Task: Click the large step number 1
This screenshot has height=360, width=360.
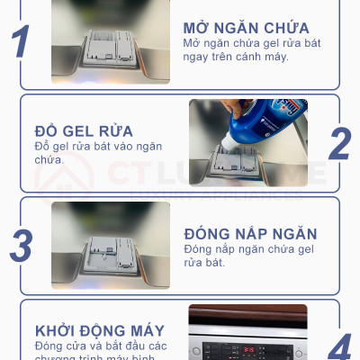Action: tap(21, 42)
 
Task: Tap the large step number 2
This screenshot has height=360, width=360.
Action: tap(339, 144)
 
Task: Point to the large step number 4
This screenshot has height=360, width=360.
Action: tap(339, 347)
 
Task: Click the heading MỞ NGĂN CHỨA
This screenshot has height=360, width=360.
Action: tap(246, 27)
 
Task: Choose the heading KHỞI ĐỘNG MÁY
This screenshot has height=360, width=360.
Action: tap(94, 330)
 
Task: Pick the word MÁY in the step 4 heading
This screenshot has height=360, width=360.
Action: tap(135, 330)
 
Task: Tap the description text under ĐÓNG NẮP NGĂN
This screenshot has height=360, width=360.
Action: tap(248, 255)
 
